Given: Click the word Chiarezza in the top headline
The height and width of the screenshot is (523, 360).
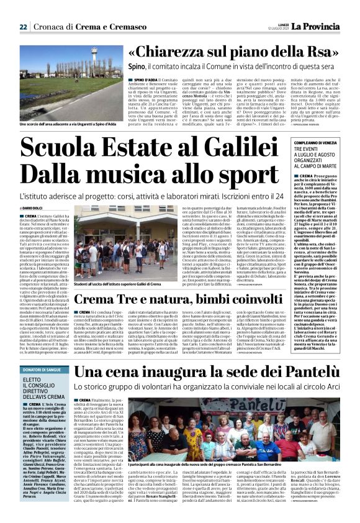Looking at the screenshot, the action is pos(173,52).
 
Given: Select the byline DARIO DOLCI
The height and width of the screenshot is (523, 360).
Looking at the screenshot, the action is pos(37,207).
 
